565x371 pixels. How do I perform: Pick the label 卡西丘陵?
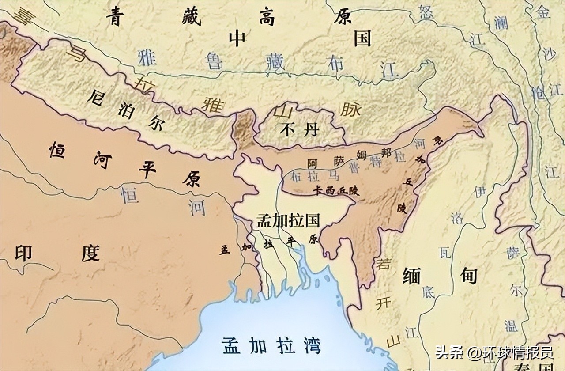coord(336,191)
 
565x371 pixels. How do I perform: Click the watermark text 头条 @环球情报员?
coord(494,353)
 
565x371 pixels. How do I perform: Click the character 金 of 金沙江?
coord(543,12)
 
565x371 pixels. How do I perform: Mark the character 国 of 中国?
coord(362,39)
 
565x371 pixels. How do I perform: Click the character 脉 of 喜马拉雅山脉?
coord(350,109)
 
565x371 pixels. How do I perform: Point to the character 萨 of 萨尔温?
coord(512,253)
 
